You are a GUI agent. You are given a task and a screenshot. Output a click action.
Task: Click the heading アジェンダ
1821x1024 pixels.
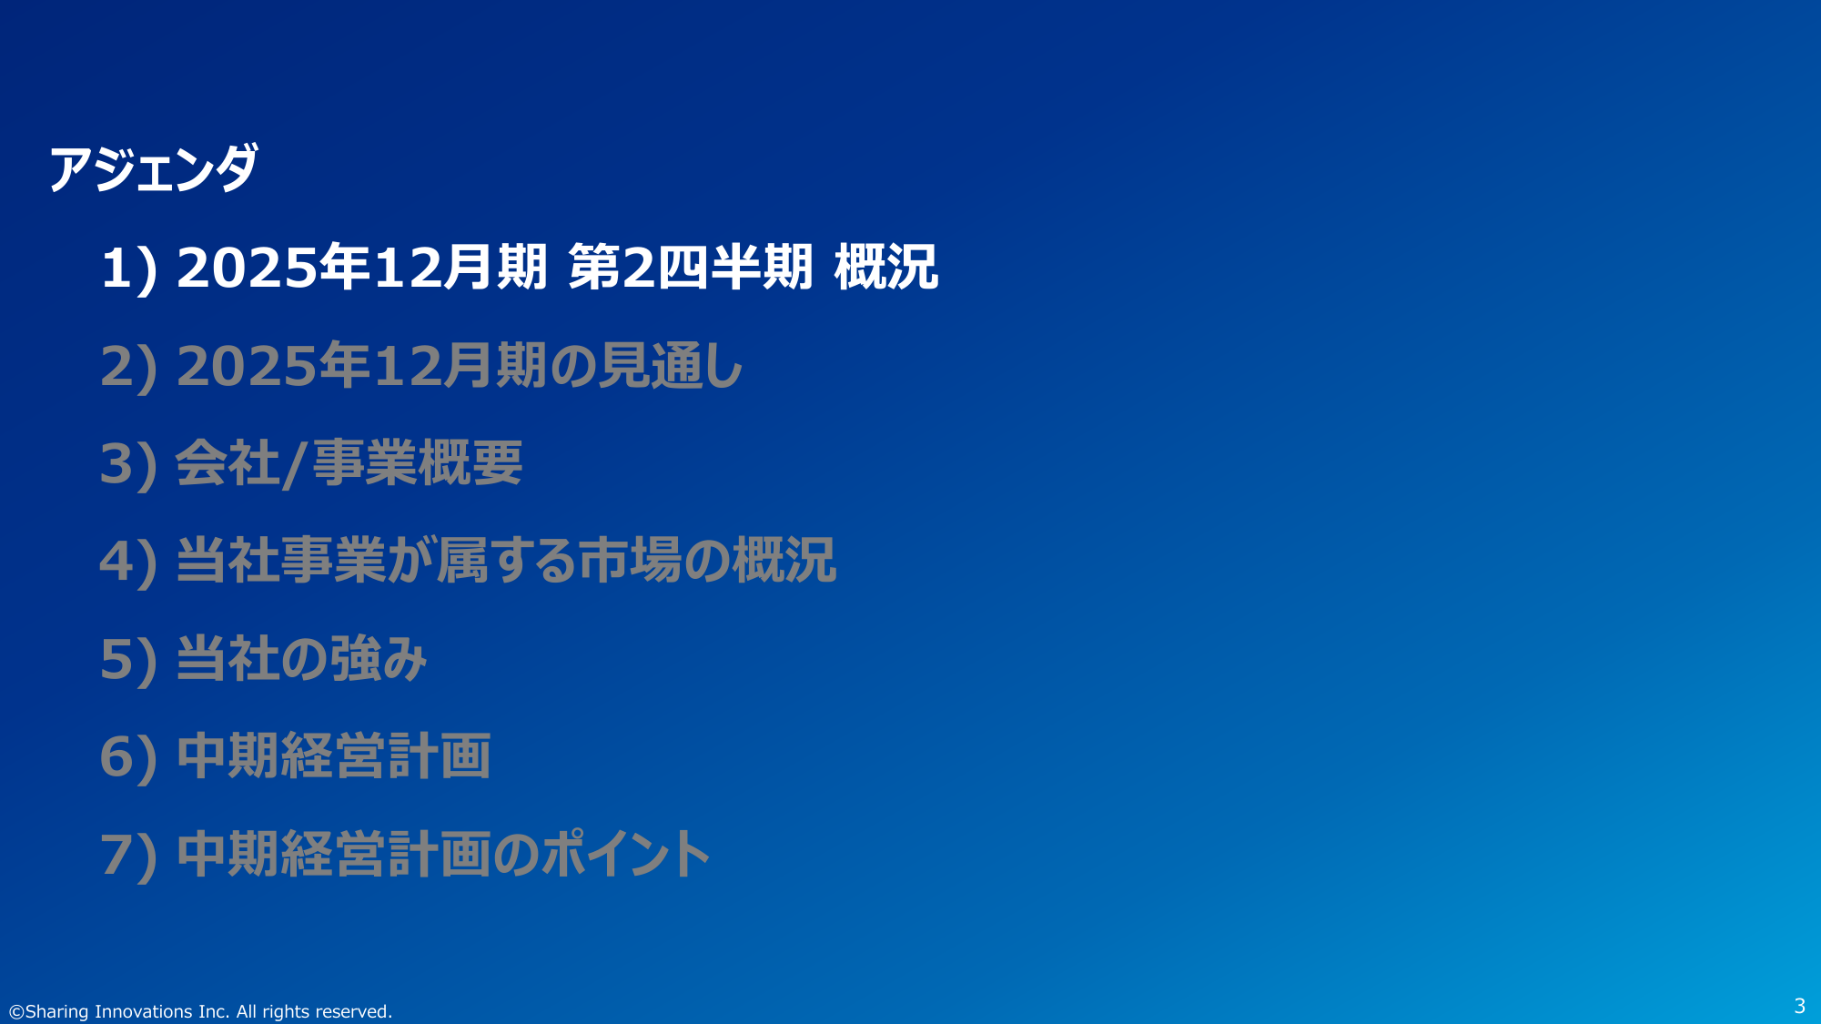point(153,168)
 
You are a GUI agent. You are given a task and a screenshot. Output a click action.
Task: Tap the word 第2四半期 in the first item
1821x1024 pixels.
point(690,268)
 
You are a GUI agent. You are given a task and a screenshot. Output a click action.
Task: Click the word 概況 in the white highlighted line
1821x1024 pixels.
point(885,268)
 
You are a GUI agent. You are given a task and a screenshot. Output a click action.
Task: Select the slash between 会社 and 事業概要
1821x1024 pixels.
point(293,464)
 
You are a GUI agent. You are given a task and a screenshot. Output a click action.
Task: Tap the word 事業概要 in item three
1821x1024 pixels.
point(418,462)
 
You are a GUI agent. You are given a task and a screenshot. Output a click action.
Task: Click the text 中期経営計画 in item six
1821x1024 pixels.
point(334,755)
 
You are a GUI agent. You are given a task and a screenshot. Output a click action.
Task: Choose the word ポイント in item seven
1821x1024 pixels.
point(626,853)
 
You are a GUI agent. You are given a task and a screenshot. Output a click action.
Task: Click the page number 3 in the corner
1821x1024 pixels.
point(1799,1006)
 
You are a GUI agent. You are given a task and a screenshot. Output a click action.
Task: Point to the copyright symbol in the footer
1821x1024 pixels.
point(16,1011)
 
